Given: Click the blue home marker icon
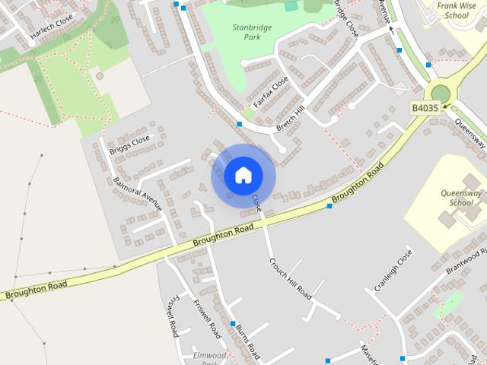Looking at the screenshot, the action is click(243, 175).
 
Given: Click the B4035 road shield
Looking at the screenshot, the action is click(425, 109).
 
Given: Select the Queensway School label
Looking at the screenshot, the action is click(461, 198).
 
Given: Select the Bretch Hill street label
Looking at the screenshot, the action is click(290, 119).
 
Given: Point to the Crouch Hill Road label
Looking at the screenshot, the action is click(290, 277).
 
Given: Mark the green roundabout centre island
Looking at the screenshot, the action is click(441, 94).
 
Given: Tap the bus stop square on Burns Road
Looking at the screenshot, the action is click(233, 323).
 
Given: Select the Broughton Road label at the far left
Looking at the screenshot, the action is click(35, 289).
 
